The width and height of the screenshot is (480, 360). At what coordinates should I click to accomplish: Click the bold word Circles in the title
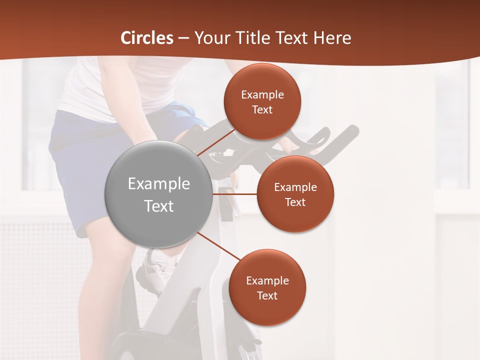click(146, 38)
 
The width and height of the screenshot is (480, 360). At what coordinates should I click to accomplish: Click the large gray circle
click(159, 165)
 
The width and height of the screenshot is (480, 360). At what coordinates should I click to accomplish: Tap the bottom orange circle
click(267, 310)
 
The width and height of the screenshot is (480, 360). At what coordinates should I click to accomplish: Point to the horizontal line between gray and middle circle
click(234, 194)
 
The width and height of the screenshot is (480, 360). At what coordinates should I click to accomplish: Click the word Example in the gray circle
click(159, 184)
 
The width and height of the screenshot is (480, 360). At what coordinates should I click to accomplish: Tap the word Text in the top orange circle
click(262, 109)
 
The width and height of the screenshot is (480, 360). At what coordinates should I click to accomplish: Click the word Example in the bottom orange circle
click(267, 280)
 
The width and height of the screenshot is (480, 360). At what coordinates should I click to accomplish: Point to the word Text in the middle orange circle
click(295, 202)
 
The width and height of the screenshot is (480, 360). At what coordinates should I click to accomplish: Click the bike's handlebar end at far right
click(353, 131)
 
